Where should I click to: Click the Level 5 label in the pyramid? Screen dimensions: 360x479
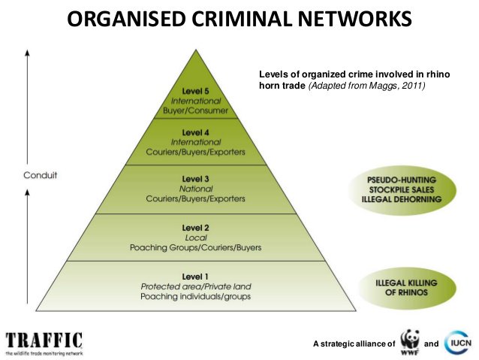click(x=195, y=90)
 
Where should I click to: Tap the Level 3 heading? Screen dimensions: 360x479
click(x=195, y=179)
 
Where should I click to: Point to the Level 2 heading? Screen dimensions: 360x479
click(x=195, y=227)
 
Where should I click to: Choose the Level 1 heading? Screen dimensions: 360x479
click(x=195, y=277)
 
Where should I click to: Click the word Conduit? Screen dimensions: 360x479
click(x=43, y=175)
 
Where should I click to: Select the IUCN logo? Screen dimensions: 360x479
click(x=458, y=342)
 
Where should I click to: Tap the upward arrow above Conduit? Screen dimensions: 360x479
click(x=28, y=105)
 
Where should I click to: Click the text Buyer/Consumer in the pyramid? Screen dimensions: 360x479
click(x=195, y=110)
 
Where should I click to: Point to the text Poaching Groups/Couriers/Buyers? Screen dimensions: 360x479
click(x=195, y=247)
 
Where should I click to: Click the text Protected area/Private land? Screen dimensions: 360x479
click(x=195, y=286)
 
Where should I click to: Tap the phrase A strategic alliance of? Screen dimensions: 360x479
click(x=353, y=343)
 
